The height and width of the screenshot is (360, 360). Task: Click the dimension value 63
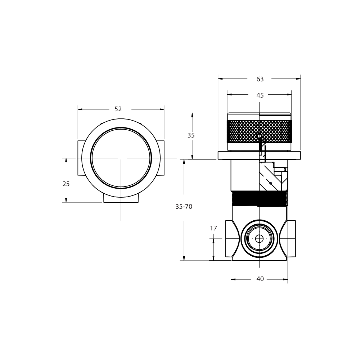[x=260, y=79]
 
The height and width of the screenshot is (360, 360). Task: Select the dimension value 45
[x=260, y=95]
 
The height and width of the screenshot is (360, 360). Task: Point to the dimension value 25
[x=66, y=184]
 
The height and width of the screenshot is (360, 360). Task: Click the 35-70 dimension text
[x=184, y=207]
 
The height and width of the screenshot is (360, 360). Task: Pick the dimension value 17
[x=213, y=228]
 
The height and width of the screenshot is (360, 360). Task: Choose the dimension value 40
[x=260, y=279]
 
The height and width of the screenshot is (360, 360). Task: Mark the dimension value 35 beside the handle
[x=191, y=136]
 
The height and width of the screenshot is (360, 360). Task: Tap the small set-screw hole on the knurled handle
[x=259, y=136]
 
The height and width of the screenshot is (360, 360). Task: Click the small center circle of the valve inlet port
[x=259, y=239]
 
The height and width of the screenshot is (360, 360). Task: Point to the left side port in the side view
[x=230, y=239]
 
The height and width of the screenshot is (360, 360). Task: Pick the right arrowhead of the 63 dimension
[x=298, y=79]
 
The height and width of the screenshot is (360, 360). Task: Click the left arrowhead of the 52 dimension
[x=80, y=109]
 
